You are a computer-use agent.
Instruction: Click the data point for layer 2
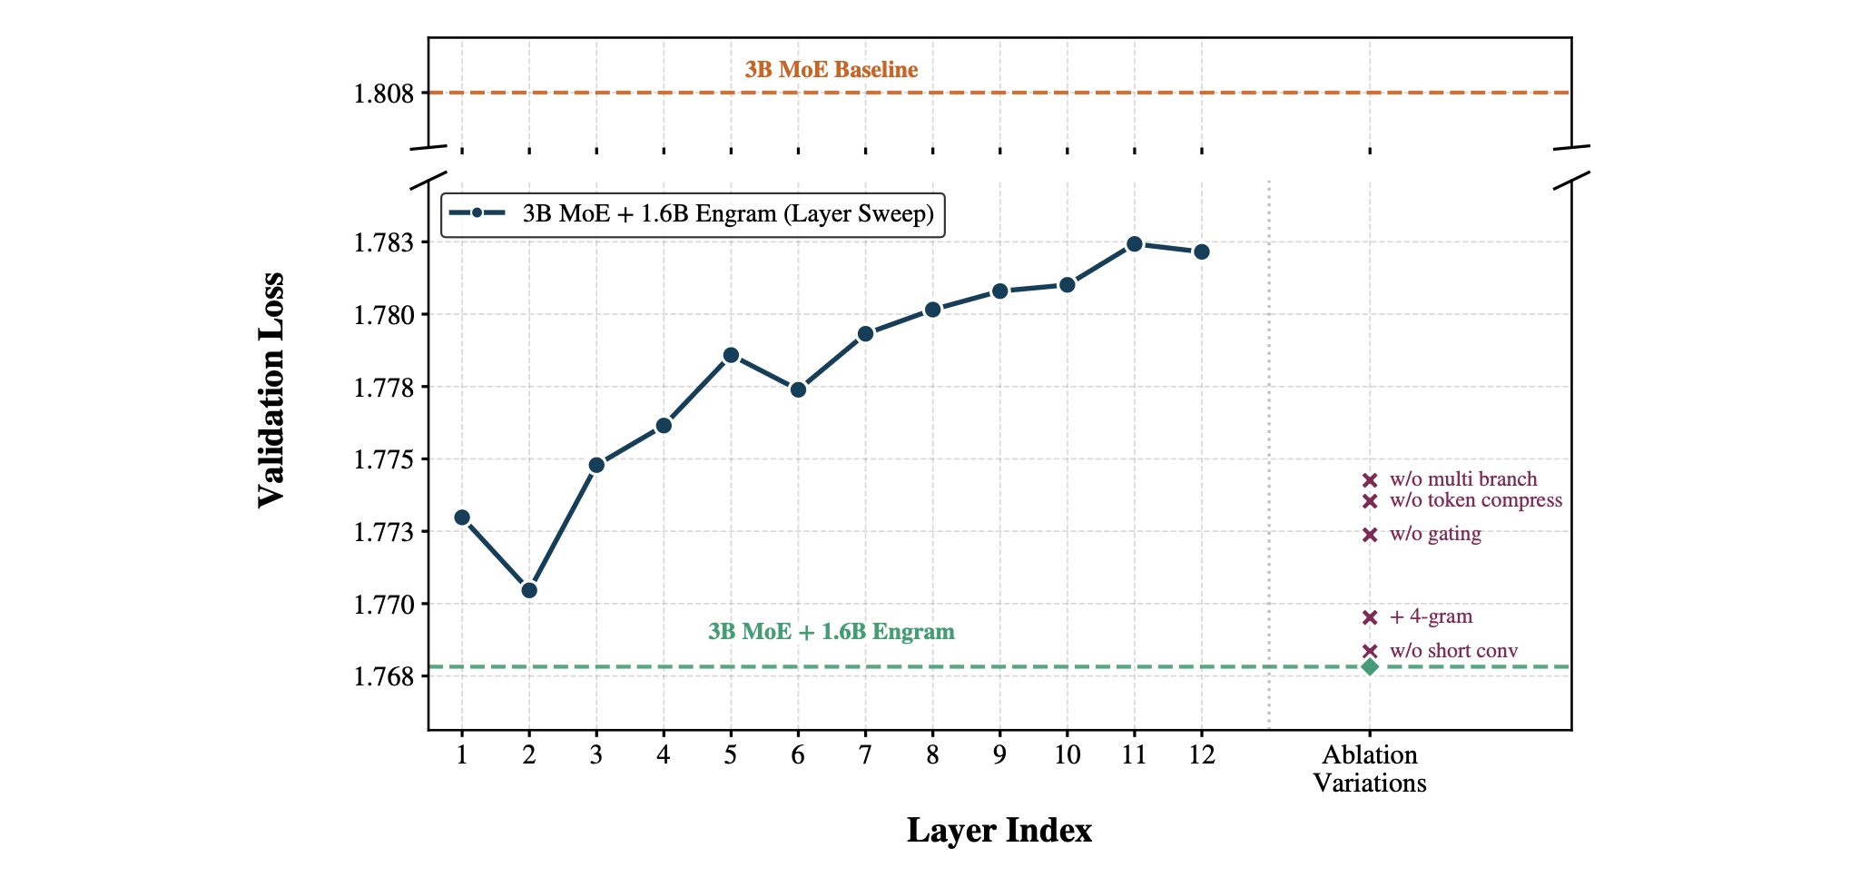tap(529, 590)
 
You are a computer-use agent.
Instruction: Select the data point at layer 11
tap(1134, 244)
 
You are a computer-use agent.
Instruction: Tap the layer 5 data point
tap(731, 355)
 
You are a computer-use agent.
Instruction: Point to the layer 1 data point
tap(462, 517)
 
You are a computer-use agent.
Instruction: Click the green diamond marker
tap(1370, 667)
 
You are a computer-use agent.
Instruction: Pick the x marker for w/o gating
tap(1370, 535)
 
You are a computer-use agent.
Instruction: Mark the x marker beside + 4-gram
tap(1370, 618)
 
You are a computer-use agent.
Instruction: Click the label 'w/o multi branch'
tap(1462, 479)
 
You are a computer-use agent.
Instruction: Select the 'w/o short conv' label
tap(1453, 651)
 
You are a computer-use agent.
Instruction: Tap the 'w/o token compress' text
tap(1475, 500)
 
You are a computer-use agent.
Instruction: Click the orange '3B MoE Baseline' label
tap(831, 70)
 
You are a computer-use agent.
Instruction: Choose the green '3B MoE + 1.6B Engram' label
tap(831, 632)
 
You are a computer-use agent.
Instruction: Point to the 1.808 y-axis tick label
tap(383, 94)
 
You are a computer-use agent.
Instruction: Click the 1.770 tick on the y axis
tap(383, 605)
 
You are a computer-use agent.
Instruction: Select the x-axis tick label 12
tap(1201, 755)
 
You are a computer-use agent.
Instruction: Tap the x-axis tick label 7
tap(865, 755)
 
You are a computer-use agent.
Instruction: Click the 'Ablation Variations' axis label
tap(1370, 769)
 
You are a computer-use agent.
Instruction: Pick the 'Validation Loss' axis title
tap(271, 390)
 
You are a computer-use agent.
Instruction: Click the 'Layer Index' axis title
tap(999, 831)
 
